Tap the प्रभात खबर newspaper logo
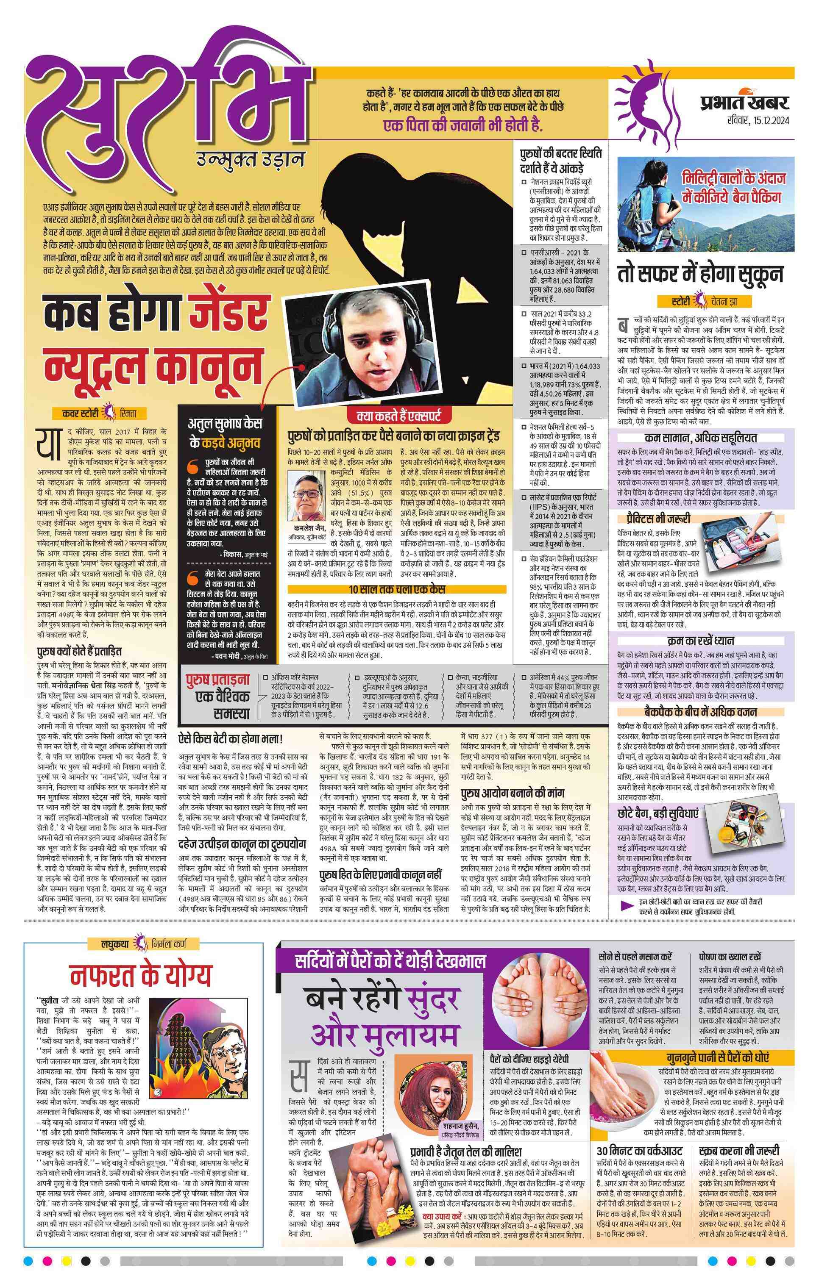(x=744, y=102)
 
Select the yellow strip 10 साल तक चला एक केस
(x=397, y=589)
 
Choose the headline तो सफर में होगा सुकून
(x=700, y=274)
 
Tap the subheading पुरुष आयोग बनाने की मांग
(x=512, y=793)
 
